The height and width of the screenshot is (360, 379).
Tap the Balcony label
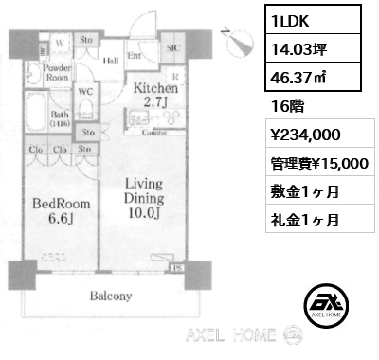[x=112, y=296]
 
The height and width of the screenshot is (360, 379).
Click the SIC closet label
[x=173, y=46]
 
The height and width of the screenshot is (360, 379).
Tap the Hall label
[x=111, y=59]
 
